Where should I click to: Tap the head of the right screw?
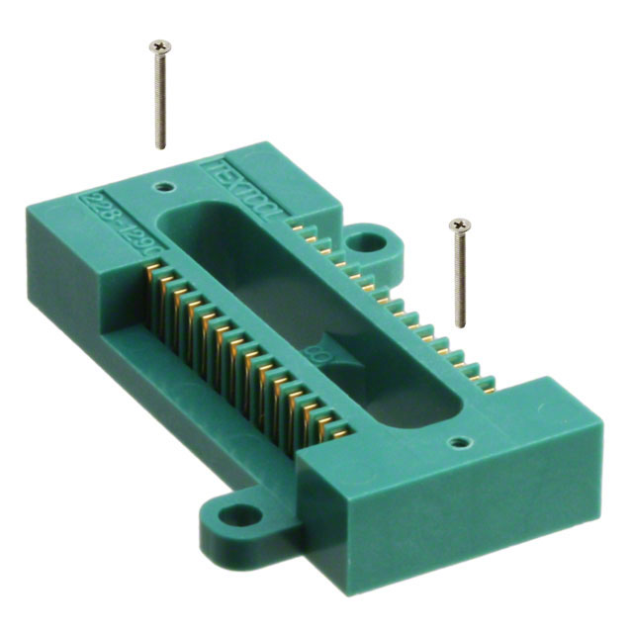tap(458, 226)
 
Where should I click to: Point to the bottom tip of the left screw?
tap(160, 148)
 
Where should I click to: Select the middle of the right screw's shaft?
tap(460, 277)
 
